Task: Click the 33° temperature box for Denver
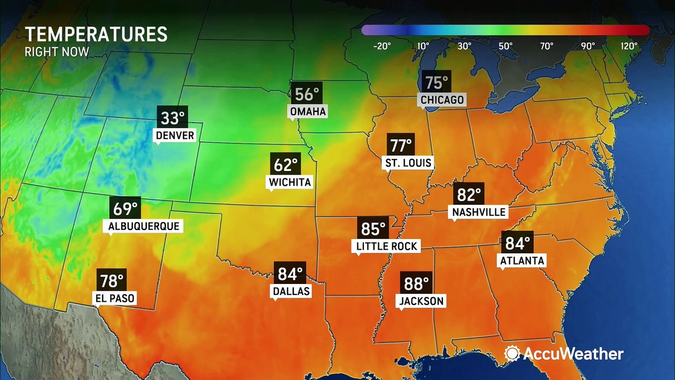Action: (172, 117)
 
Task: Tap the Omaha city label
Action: (307, 111)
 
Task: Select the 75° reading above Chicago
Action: (437, 83)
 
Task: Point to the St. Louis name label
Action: (408, 163)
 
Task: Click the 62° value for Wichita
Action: (285, 165)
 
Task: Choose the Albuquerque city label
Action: (144, 226)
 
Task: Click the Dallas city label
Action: (291, 291)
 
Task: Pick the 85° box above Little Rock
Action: (373, 229)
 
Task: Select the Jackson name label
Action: (421, 301)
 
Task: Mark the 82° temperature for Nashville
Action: (469, 195)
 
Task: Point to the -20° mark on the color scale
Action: (382, 46)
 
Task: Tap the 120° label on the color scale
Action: (629, 46)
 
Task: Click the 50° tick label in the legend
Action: (505, 46)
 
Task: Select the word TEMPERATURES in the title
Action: (96, 35)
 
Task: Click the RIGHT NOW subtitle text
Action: (57, 52)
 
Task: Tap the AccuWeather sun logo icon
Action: (512, 354)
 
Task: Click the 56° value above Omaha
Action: (307, 94)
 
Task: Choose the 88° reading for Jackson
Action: (416, 283)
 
